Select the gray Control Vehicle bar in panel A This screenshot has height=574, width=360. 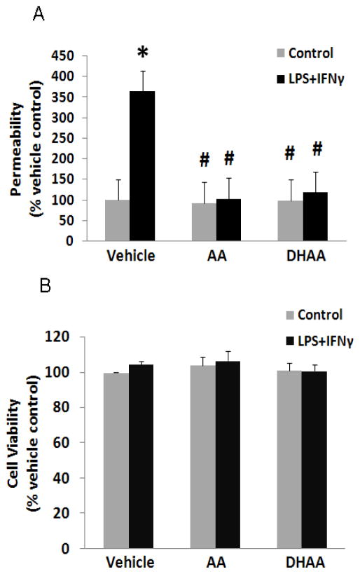[x=116, y=221]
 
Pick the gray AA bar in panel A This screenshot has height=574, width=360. [x=204, y=222]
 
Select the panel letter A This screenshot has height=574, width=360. [x=39, y=15]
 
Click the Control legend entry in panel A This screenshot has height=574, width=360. [x=304, y=53]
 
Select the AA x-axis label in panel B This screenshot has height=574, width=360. [x=217, y=563]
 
